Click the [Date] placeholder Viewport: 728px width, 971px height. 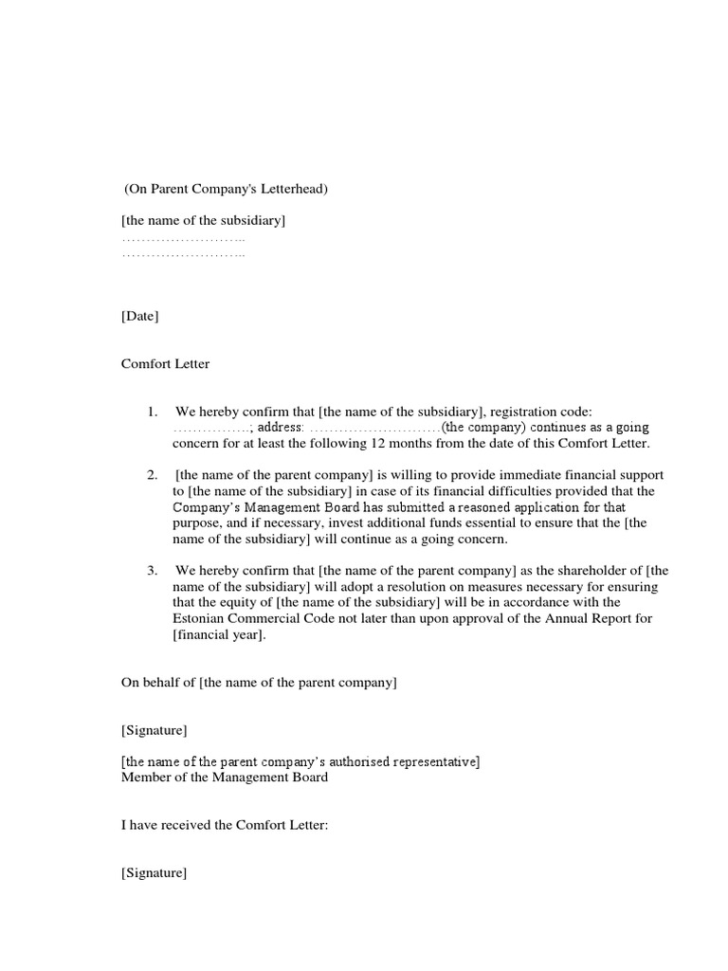click(x=140, y=316)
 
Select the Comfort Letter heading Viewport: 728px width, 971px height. click(x=166, y=363)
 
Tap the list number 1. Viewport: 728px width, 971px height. click(x=151, y=412)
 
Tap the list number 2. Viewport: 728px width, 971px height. click(x=151, y=474)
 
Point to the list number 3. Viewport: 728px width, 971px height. click(x=151, y=571)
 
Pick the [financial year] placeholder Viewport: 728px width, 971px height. click(x=219, y=635)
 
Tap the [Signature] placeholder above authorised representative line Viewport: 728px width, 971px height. click(x=154, y=730)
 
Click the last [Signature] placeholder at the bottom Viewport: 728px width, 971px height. click(x=154, y=873)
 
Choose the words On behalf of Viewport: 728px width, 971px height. click(x=157, y=683)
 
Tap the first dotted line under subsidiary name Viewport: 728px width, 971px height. click(x=183, y=239)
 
